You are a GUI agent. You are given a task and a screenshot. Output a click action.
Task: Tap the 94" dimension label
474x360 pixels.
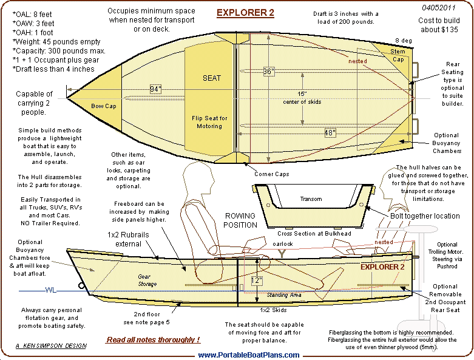(156, 89)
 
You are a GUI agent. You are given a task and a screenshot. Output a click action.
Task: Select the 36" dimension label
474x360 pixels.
(269, 72)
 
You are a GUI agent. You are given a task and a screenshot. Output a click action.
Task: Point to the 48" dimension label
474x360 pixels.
(330, 133)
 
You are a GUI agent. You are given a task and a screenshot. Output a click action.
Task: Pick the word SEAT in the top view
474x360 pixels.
(211, 78)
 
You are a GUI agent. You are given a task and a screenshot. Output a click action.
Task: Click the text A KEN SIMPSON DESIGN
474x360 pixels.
(51, 345)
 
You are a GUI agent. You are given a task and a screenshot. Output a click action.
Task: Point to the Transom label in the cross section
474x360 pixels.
(311, 199)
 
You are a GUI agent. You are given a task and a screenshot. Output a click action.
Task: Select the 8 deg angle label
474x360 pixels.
(402, 40)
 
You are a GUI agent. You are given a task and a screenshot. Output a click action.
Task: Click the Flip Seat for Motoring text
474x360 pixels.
(211, 122)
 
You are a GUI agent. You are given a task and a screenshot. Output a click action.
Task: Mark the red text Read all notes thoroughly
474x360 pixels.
(153, 340)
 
